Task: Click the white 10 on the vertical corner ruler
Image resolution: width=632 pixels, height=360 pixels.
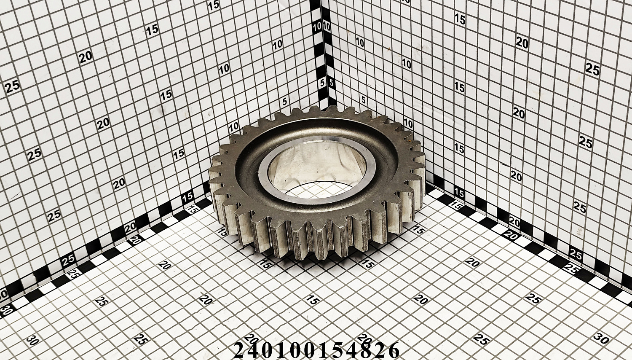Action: tap(317, 27)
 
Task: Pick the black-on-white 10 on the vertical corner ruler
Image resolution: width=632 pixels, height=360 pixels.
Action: tap(327, 27)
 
